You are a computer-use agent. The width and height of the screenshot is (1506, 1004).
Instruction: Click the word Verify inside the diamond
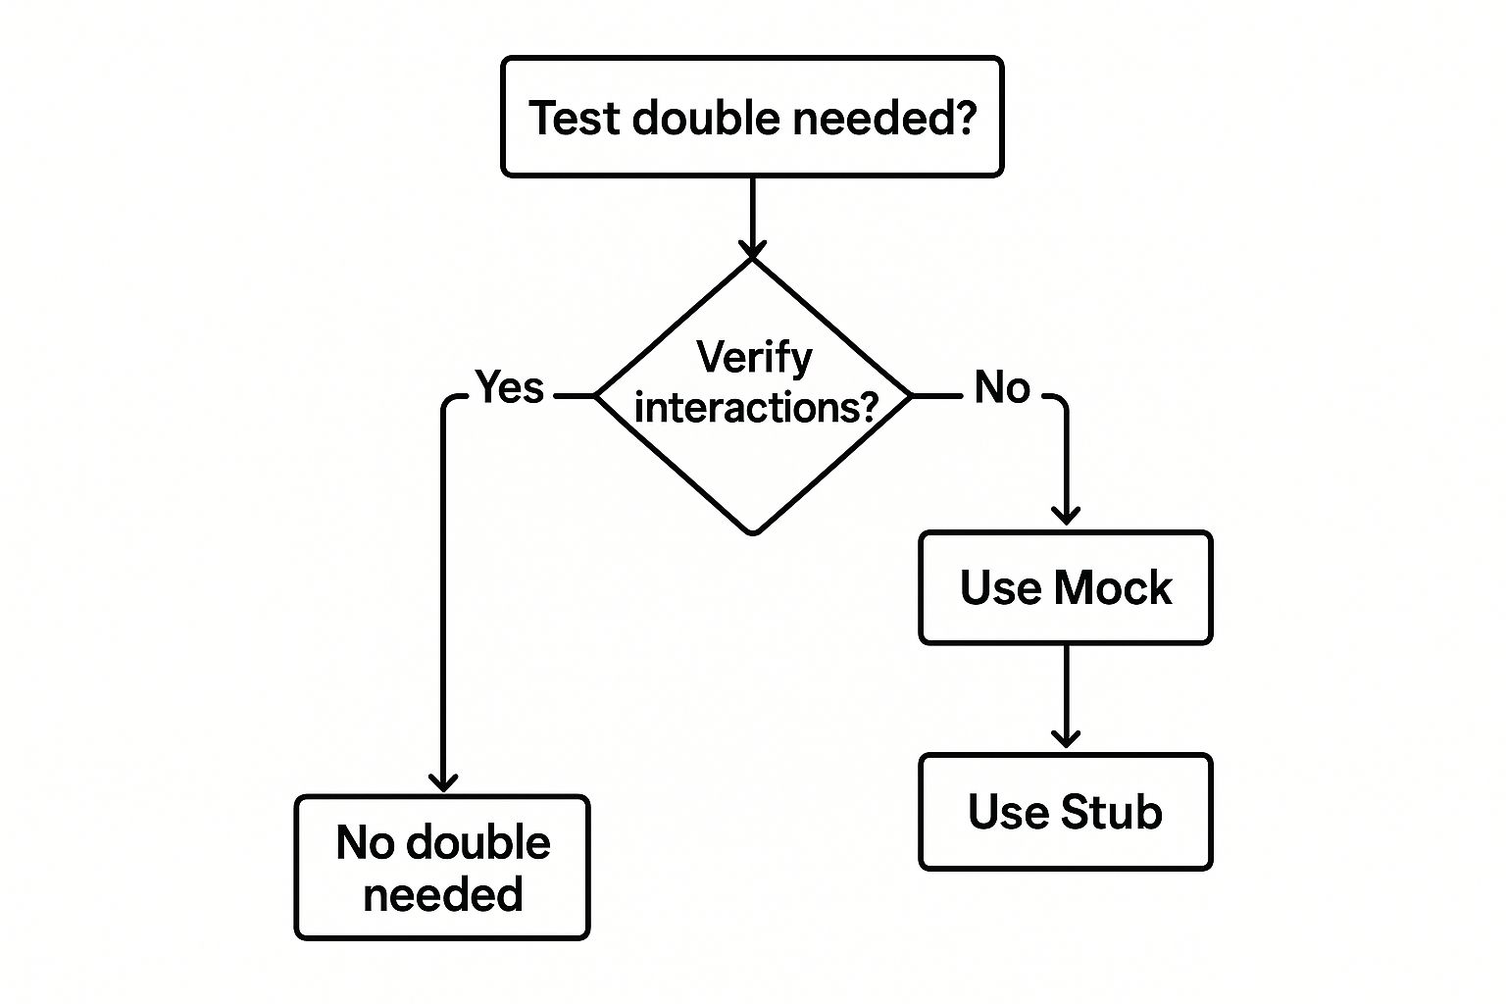754,357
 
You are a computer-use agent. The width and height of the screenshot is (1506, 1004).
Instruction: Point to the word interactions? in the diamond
755,407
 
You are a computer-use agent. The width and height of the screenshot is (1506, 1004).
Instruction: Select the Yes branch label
510,388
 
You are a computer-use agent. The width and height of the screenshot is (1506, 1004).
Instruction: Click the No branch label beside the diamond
1002,388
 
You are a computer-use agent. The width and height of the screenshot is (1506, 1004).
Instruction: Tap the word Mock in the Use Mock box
1113,588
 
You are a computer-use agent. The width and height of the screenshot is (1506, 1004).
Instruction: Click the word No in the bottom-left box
365,843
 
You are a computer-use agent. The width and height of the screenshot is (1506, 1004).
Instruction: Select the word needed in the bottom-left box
443,895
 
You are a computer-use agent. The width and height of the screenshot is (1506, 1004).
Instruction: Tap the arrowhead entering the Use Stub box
1066,737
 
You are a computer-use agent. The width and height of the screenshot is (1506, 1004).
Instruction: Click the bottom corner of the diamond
753,532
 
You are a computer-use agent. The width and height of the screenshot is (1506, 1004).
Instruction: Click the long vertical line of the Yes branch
443,588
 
